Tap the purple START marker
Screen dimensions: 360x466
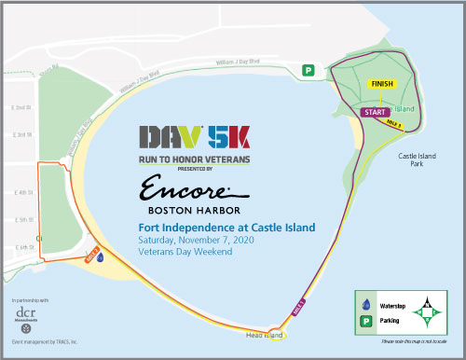tap(375, 112)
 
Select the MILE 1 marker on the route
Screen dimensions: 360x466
tap(300, 303)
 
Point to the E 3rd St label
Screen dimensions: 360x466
tap(21, 134)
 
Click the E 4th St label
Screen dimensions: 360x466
tap(21, 193)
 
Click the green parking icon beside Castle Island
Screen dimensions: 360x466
tap(308, 69)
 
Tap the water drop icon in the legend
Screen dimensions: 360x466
tap(365, 304)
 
